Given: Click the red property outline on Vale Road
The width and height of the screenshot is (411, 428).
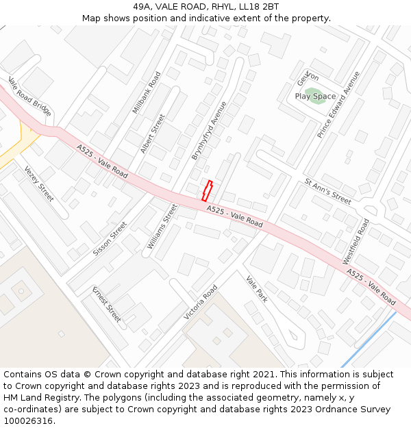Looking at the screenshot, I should coord(208,190).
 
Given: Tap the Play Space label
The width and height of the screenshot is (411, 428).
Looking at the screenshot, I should coord(315,97).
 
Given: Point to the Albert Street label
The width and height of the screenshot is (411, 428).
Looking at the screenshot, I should coord(153,134).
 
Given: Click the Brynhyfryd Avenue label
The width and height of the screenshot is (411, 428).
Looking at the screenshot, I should coord(209,131).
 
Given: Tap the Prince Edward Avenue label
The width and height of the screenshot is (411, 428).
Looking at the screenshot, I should coord(338,104).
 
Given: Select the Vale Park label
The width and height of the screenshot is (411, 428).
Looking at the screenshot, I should coord(257,290).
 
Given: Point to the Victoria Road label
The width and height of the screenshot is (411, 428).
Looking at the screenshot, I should coord(200,302).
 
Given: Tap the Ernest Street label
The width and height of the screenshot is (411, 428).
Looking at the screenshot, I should coord(107,303).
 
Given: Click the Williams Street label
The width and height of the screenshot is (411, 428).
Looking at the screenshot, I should coord(162,225).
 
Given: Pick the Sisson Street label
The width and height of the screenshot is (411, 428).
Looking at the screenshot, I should coord(110,238).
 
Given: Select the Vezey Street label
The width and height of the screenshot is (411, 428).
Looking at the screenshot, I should coord(38,184).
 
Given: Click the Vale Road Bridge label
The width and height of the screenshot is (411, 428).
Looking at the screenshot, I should coord(29,97).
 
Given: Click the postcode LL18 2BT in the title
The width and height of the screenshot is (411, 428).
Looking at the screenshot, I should coord(258,7).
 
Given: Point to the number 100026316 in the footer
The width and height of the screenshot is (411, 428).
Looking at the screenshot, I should coord(29,420).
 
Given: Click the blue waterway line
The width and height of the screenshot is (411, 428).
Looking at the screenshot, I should coord(369,339).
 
